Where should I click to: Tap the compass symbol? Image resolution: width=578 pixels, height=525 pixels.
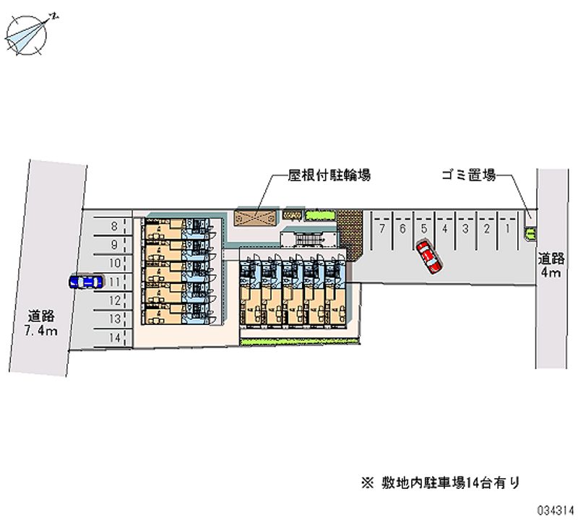[30, 34]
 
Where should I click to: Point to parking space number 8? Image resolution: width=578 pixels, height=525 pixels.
[114, 227]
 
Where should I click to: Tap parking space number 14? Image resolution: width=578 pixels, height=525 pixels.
[114, 337]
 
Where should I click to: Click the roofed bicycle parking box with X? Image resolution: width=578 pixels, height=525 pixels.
[256, 217]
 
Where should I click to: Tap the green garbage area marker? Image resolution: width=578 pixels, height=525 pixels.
[531, 233]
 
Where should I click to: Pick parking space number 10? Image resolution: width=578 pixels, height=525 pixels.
[114, 264]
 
